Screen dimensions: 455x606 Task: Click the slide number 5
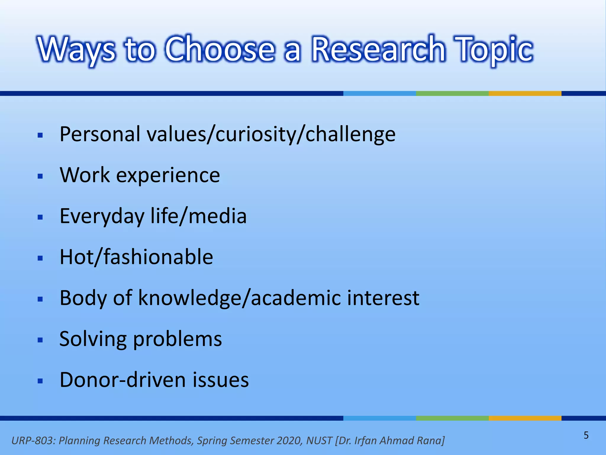coord(586,435)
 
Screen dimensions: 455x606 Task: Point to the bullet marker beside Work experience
coord(41,177)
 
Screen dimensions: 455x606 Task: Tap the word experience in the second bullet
coord(168,175)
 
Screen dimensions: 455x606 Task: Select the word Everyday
coord(102,216)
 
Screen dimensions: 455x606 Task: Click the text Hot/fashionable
coord(136,257)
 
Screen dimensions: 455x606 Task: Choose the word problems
coord(177,339)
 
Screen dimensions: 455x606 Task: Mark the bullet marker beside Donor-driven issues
coord(41,381)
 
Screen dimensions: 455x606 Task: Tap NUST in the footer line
coord(319,440)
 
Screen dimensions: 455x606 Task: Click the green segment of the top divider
coord(452,93)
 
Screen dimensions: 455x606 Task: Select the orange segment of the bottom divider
coord(525,418)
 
